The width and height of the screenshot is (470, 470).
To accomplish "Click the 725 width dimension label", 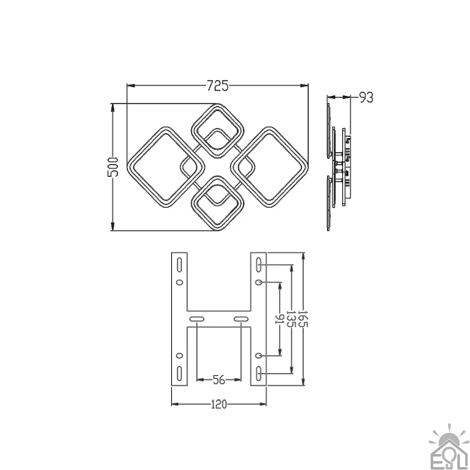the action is (218, 86).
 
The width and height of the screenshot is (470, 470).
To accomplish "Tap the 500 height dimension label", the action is (113, 167).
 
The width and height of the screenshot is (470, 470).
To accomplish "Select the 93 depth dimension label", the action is (366, 97).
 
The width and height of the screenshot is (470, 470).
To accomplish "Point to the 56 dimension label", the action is (219, 380).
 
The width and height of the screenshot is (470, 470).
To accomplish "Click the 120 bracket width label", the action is (219, 404).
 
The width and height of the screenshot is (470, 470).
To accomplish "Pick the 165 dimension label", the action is (304, 319).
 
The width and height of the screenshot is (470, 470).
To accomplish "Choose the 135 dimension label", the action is (291, 319).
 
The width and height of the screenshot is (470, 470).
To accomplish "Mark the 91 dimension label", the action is (280, 319).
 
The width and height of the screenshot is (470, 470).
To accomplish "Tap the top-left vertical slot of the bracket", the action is (179, 265).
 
